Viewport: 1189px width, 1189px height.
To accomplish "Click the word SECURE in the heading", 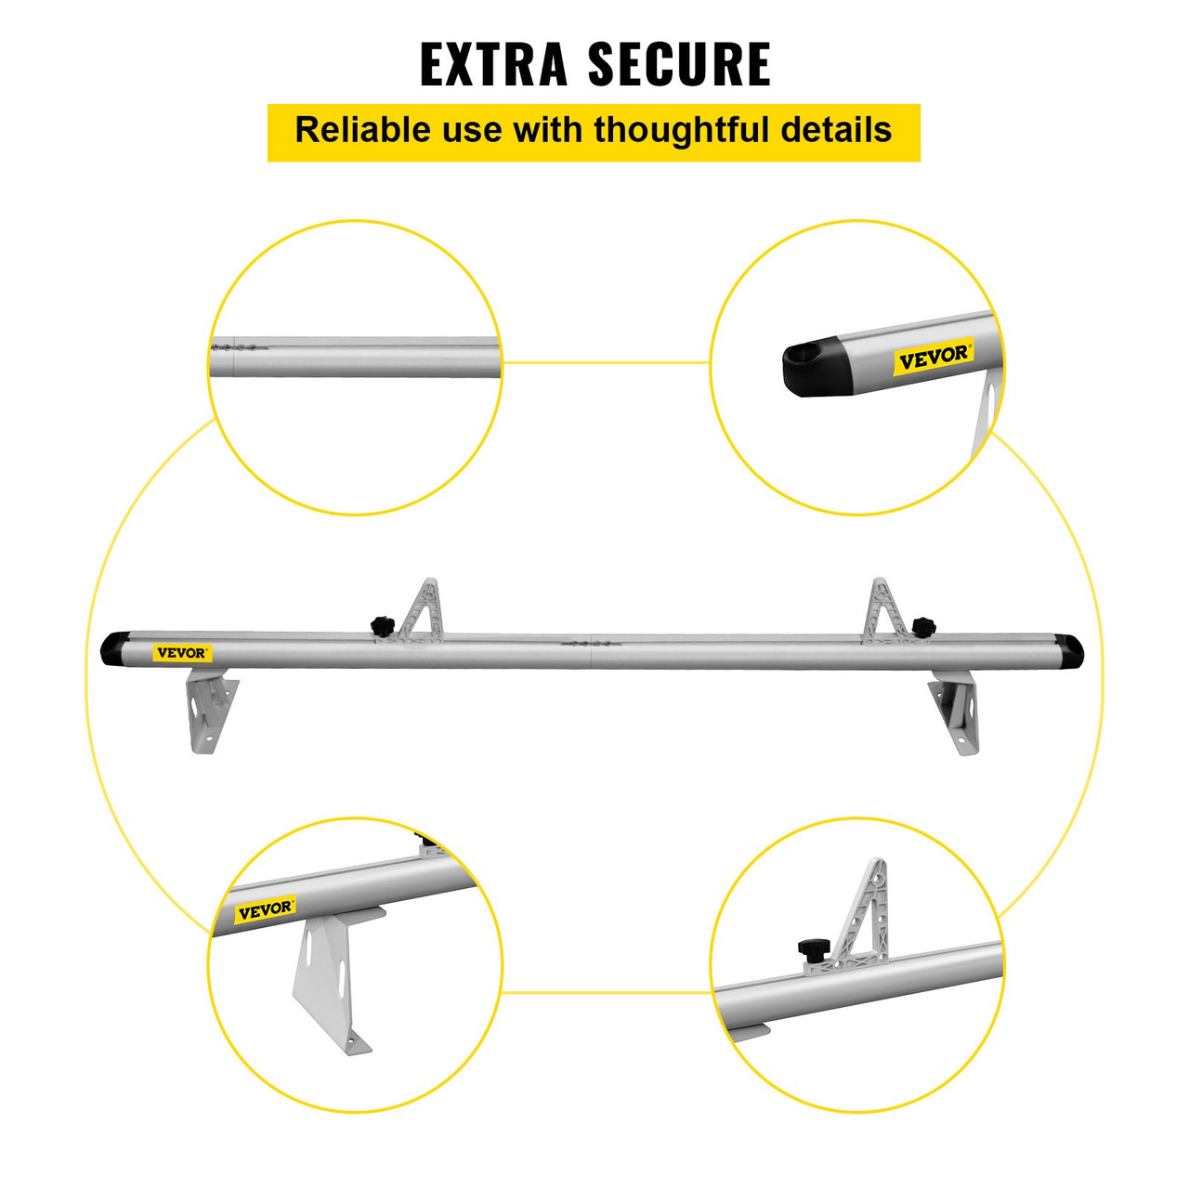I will pos(679,64).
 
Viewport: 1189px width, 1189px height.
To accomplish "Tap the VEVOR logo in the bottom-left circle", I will pos(265,910).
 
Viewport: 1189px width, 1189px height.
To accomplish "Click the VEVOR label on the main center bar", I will pos(182,653).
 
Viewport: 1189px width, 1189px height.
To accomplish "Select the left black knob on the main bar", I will pos(382,625).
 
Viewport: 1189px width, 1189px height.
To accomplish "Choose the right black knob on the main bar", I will pos(922,625).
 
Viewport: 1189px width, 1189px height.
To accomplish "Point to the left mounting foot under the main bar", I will pos(210,711).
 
